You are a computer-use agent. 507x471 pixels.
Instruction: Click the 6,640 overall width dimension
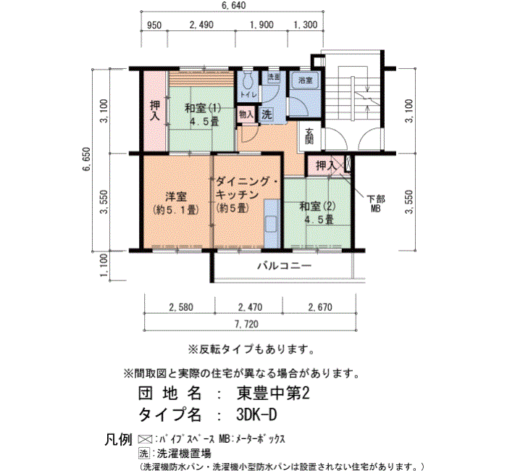click(233, 6)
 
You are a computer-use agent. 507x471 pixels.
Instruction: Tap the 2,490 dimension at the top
click(201, 25)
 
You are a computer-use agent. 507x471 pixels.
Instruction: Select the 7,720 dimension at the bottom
click(247, 324)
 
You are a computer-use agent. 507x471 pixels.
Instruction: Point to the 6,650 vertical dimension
click(87, 159)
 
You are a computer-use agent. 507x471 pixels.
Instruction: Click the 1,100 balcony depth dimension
click(104, 265)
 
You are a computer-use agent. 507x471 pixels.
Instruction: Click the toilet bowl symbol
click(248, 80)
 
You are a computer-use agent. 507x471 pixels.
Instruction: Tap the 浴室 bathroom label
click(305, 80)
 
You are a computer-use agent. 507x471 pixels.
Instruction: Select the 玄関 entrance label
click(309, 136)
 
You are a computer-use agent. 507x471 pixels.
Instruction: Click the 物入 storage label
click(246, 114)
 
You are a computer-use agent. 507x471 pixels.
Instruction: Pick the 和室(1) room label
click(203, 108)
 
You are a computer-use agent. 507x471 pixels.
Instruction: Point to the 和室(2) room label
click(317, 206)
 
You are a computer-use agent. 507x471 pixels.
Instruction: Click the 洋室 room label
click(176, 196)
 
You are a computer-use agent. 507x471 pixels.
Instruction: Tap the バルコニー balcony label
click(284, 266)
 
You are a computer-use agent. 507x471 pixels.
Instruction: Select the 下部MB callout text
click(376, 204)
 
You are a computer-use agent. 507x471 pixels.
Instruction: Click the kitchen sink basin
click(271, 224)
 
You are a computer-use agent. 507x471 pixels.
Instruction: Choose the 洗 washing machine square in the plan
click(267, 114)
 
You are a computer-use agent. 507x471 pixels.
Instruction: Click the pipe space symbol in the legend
click(145, 439)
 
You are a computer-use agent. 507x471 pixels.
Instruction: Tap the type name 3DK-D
click(256, 414)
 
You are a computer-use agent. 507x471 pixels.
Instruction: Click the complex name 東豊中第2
click(273, 393)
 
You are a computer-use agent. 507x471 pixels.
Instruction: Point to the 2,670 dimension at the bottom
click(320, 307)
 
